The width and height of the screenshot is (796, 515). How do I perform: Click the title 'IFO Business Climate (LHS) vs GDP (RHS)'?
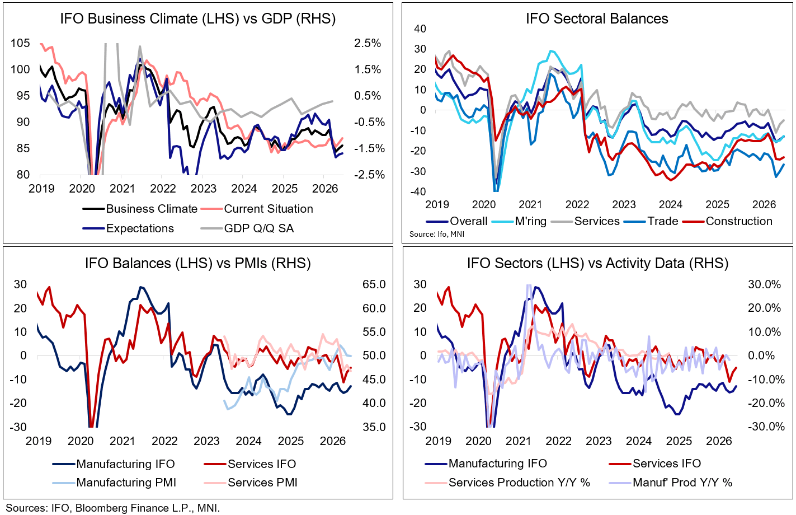(x=197, y=19)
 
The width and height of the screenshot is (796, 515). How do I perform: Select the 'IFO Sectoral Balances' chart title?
(x=597, y=19)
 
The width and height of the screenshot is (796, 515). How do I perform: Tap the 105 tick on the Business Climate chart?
(x=20, y=44)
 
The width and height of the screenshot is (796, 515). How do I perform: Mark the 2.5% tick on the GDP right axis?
(x=367, y=44)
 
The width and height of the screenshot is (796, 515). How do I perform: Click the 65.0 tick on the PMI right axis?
(x=374, y=284)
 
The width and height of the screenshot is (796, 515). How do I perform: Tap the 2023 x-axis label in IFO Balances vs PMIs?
(x=206, y=441)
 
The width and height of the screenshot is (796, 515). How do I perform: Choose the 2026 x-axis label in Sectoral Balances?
(x=764, y=205)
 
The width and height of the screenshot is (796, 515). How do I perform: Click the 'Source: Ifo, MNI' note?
(x=437, y=234)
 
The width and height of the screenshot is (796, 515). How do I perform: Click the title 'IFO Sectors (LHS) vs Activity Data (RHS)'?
(x=597, y=264)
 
